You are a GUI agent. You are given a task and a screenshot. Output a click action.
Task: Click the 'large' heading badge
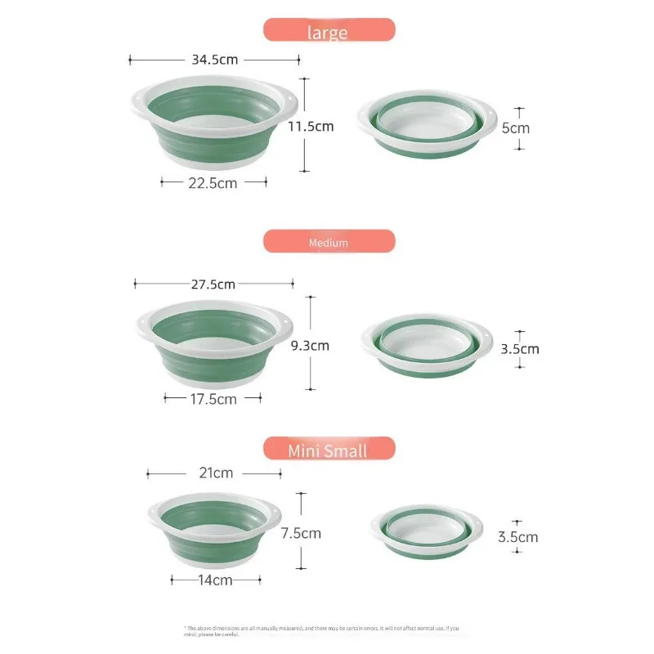click(x=329, y=31)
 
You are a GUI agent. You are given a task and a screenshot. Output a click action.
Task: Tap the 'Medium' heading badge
click(x=329, y=242)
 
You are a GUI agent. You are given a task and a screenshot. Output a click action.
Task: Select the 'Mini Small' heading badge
click(x=329, y=450)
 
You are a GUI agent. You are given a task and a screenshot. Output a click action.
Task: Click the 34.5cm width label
click(x=214, y=60)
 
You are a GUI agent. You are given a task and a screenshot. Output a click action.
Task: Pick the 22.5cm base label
click(x=213, y=183)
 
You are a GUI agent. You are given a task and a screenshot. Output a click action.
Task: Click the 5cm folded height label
click(x=516, y=128)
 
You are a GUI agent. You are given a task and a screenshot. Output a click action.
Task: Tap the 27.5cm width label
click(x=213, y=284)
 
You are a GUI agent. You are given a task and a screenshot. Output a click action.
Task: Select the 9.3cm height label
click(x=310, y=345)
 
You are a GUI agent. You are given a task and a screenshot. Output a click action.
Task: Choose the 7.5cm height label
click(x=301, y=533)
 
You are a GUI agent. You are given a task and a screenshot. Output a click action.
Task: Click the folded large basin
click(x=427, y=125)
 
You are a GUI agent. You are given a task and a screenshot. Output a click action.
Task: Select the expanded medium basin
click(x=214, y=343)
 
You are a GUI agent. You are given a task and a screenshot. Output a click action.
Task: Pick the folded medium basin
click(x=427, y=343)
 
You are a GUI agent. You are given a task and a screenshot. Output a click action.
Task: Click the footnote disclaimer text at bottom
click(x=327, y=629)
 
